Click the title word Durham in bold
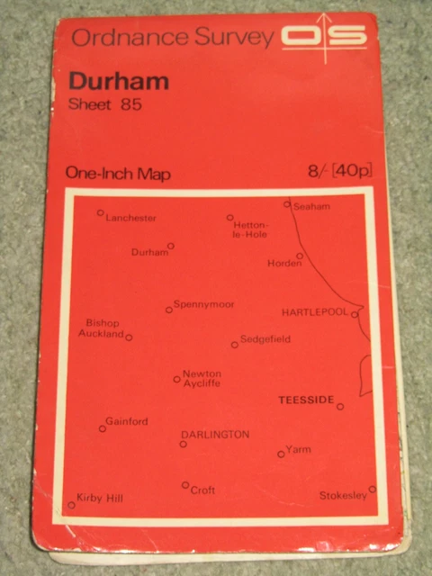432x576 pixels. click(x=119, y=82)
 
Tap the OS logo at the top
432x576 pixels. click(x=324, y=36)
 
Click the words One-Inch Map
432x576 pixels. click(x=118, y=175)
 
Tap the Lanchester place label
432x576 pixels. click(x=130, y=218)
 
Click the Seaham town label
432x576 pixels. click(x=311, y=207)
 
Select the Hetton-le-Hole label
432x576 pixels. click(x=250, y=229)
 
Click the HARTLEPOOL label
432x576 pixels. click(x=315, y=312)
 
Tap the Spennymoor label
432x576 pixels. click(x=203, y=304)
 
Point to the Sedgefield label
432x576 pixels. click(x=265, y=339)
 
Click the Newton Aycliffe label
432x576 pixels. click(x=202, y=378)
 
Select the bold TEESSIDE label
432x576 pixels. click(x=306, y=399)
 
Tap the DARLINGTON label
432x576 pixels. click(x=215, y=434)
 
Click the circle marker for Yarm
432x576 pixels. click(x=281, y=454)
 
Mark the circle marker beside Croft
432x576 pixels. click(x=185, y=485)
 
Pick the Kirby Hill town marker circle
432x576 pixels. click(x=72, y=505)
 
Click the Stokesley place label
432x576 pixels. click(x=343, y=496)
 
